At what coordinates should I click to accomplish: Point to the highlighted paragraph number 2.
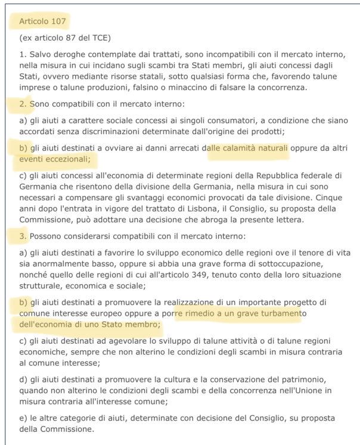pyautogui.click(x=23, y=105)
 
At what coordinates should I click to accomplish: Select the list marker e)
pyautogui.click(x=24, y=417)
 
